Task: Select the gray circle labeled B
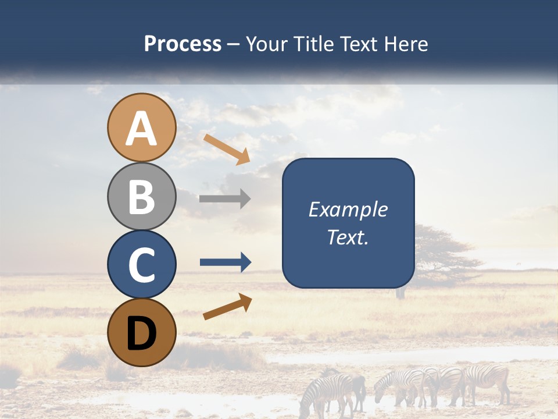141,196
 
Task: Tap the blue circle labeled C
141,264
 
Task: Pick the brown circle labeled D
141,332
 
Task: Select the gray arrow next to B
225,199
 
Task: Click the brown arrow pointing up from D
227,307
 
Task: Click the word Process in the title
183,44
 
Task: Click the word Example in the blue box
348,210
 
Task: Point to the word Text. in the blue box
348,237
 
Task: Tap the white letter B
141,196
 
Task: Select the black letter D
141,333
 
